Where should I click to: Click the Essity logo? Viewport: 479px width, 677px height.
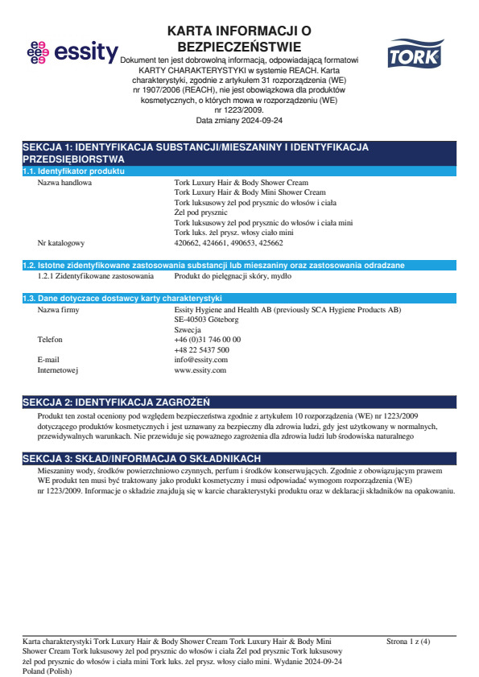pyautogui.click(x=72, y=52)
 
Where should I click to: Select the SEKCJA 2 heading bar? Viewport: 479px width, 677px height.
pyautogui.click(x=239, y=402)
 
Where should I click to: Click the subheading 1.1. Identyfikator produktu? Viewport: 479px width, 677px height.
pyautogui.click(x=73, y=172)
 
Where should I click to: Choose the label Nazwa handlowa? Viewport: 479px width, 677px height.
pyautogui.click(x=64, y=183)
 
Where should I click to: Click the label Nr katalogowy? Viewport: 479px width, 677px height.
pyautogui.click(x=61, y=242)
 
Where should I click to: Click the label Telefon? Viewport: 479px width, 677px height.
pyautogui.click(x=50, y=340)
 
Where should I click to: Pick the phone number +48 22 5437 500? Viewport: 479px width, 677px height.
pyautogui.click(x=201, y=350)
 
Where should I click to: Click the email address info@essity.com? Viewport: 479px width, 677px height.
pyautogui.click(x=200, y=360)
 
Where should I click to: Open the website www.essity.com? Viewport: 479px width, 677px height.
pyautogui.click(x=200, y=370)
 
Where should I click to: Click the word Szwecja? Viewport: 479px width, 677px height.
pyautogui.click(x=188, y=329)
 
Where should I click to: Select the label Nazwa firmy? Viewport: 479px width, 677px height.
pyautogui.click(x=59, y=309)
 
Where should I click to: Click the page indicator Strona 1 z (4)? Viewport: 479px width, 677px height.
pyautogui.click(x=408, y=642)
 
